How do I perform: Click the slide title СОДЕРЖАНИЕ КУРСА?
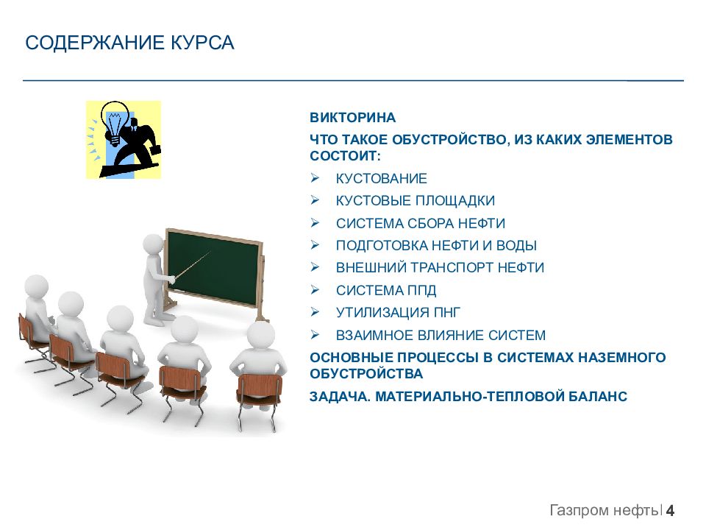coord(129,43)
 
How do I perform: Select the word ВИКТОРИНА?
coord(352,118)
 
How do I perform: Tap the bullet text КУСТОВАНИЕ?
coord(382,178)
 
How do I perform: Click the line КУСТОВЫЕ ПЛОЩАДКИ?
coord(415,200)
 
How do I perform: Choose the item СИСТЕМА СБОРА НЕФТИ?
coord(421,223)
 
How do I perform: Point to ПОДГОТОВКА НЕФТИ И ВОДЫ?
coord(436,246)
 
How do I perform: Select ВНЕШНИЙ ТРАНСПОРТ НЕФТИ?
coord(440,268)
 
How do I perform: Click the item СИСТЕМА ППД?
coord(386,290)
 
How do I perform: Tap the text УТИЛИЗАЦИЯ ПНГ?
coord(398,312)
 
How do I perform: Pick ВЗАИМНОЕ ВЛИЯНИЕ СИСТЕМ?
coord(441,336)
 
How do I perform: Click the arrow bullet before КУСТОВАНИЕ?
coord(315,178)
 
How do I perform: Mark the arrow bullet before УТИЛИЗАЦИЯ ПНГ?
coord(315,312)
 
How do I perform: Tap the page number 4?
coord(670,510)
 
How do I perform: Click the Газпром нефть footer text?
coord(604,511)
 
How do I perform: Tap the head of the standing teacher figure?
coord(154,244)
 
